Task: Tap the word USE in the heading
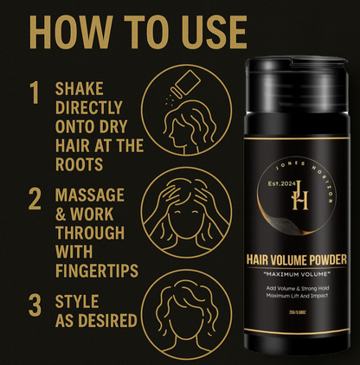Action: (204, 31)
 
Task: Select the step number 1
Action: (34, 93)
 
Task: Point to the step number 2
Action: (35, 198)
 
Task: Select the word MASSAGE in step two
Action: (89, 195)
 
